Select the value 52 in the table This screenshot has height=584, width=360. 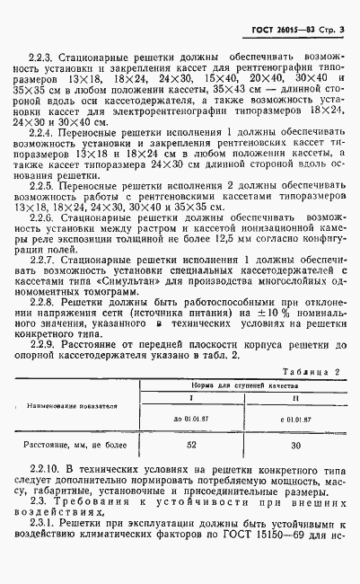pos(190,444)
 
